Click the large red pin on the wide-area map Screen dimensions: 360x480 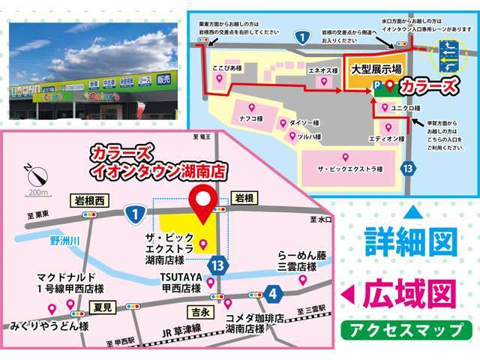[204, 203]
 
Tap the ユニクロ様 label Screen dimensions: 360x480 [406, 106]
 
